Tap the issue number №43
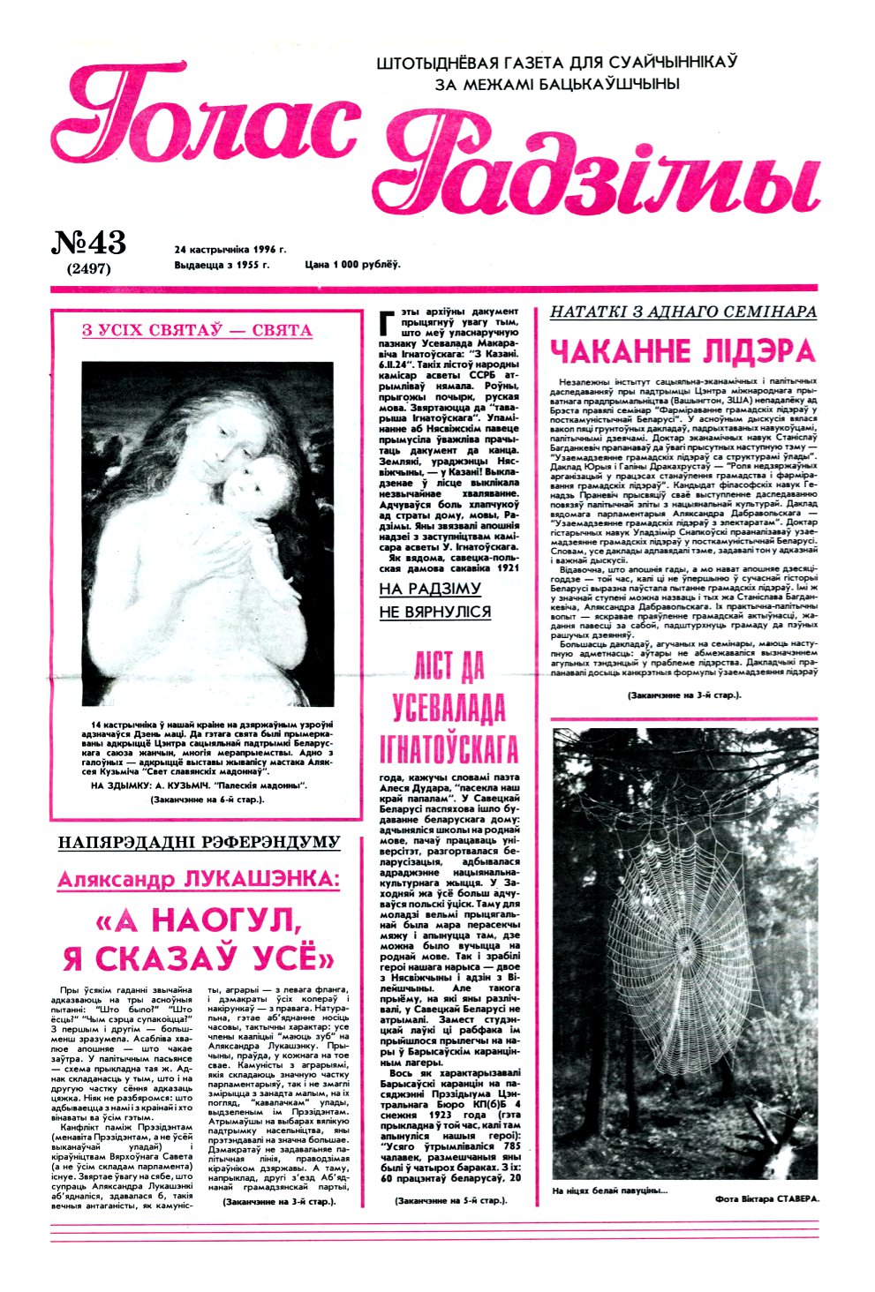click(89, 243)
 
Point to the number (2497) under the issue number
click(88, 269)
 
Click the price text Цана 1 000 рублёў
click(352, 264)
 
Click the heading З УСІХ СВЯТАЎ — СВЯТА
click(197, 331)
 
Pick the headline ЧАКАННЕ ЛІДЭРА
click(682, 351)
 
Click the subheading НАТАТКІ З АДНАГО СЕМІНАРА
click(683, 312)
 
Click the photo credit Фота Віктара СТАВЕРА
click(767, 1199)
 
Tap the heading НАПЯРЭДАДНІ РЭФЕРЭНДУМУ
click(199, 843)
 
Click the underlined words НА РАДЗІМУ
click(430, 589)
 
